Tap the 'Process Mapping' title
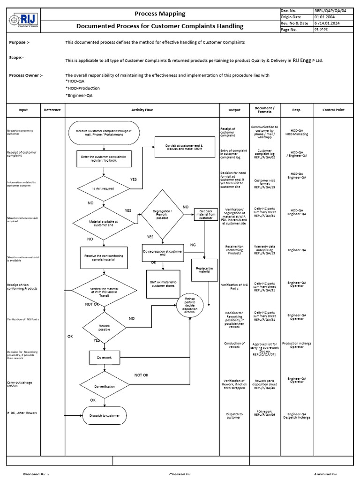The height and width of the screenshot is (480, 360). [160, 14]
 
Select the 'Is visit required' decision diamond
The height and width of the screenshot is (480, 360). [104, 188]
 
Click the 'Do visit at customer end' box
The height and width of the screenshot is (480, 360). [180, 148]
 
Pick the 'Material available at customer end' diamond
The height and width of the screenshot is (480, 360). [104, 223]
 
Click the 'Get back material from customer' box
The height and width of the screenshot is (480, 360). [206, 215]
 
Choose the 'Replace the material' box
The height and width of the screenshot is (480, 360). [204, 270]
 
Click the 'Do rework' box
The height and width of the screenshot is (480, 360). [104, 358]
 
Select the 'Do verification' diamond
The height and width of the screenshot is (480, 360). [104, 386]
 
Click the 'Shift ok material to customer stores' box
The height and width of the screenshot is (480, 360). [163, 284]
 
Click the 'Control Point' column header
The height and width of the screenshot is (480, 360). [334, 110]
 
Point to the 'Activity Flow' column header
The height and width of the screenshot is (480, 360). [142, 110]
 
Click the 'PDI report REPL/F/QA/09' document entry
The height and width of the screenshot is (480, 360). [264, 413]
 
